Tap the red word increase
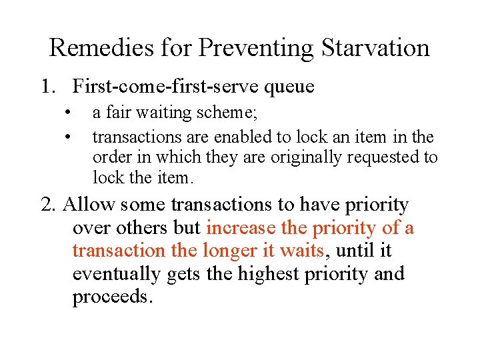tap(241, 228)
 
